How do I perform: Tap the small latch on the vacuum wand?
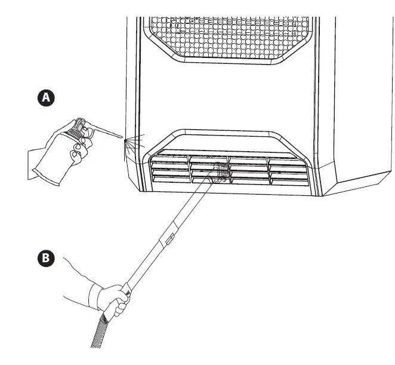coord(169,240)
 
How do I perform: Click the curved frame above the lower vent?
coord(230,135)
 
